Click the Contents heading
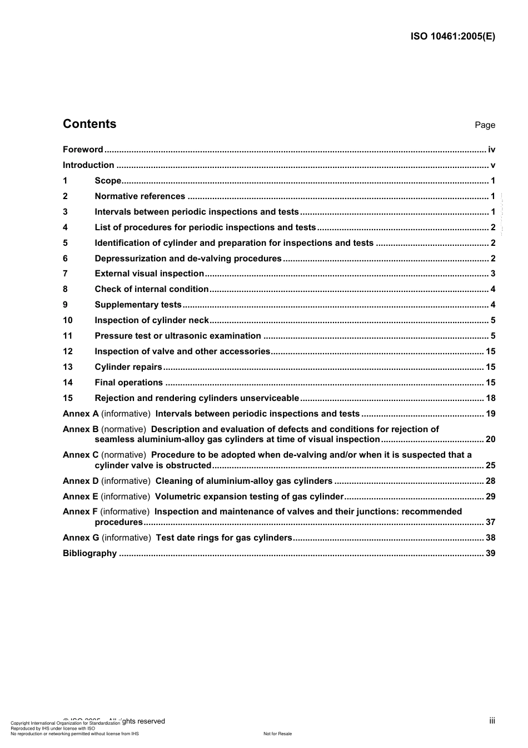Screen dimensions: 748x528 89,124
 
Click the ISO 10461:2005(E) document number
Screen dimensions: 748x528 452,37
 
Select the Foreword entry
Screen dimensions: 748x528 83,150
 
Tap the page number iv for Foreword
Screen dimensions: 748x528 491,150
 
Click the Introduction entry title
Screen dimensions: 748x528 88,165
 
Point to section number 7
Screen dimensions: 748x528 65,274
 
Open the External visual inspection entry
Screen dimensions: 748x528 149,274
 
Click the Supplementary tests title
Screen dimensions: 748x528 138,305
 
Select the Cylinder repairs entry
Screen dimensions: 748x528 128,367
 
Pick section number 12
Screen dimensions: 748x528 68,351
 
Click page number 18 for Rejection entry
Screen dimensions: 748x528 490,398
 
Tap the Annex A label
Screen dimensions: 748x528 81,414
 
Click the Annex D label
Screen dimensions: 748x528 81,481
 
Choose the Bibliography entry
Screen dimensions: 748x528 89,553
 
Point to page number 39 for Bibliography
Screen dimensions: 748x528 490,553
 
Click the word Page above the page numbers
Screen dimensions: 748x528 485,125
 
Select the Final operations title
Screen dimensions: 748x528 128,383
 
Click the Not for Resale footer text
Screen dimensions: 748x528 277,734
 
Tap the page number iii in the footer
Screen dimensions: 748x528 492,721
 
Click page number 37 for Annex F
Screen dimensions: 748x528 490,522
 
